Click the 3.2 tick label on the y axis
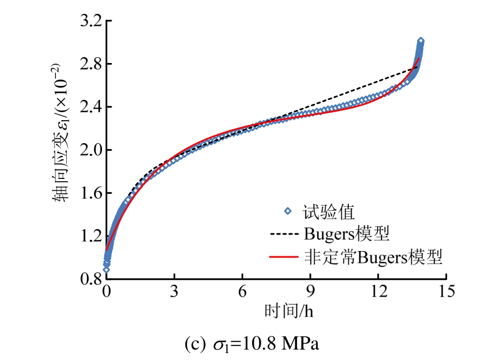pos(91,21)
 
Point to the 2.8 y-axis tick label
pos(91,64)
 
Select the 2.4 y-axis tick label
pos(91,107)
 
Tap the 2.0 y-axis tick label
pos(91,150)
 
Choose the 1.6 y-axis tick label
pos(91,193)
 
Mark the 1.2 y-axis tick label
pos(91,236)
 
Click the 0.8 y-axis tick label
pos(91,279)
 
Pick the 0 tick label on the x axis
pos(107,292)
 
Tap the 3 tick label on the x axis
pos(174,292)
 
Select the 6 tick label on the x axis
pos(242,292)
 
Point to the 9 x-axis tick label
pos(310,292)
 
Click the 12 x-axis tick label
pos(379,292)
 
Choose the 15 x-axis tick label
pos(447,292)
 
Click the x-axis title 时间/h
pos(289,311)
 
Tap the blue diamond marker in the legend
pos(288,211)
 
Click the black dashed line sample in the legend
pos(284,233)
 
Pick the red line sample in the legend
pos(284,257)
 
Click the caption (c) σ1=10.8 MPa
pos(252,343)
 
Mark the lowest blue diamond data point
pos(106,270)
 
